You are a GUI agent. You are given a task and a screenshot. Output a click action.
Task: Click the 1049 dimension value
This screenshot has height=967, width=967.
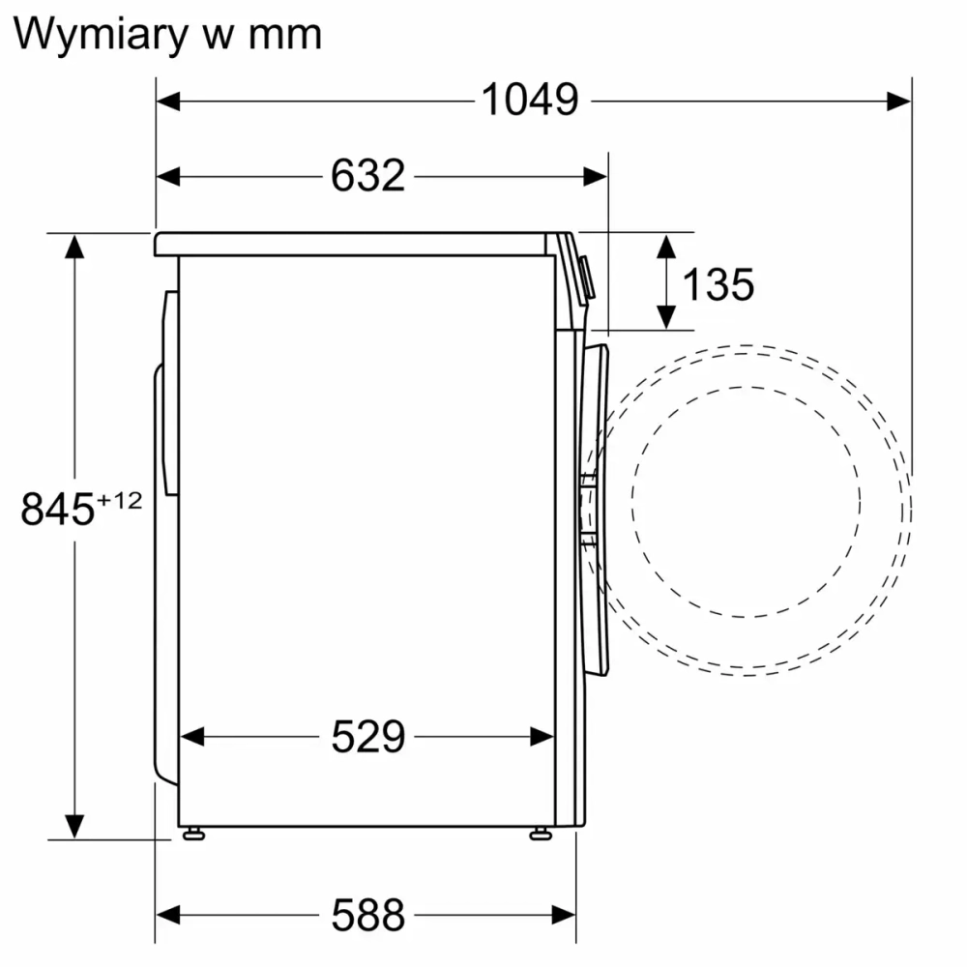tap(530, 99)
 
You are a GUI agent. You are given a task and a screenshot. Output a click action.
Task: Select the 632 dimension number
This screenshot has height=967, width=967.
tap(367, 175)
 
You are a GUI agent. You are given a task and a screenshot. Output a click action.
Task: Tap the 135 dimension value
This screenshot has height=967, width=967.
tap(718, 284)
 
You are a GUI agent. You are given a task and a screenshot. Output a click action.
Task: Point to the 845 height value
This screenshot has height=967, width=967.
tap(57, 510)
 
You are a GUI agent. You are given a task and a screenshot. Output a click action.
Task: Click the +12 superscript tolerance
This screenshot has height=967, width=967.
tap(120, 499)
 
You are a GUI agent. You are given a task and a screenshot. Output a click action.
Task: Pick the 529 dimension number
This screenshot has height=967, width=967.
tap(367, 737)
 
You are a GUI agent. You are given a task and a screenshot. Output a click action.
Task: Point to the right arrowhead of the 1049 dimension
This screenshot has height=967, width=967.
tap(899, 100)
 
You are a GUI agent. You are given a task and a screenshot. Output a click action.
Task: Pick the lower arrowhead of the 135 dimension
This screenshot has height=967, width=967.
tap(665, 316)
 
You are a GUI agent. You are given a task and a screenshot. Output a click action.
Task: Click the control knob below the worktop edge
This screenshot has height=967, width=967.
tap(587, 277)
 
